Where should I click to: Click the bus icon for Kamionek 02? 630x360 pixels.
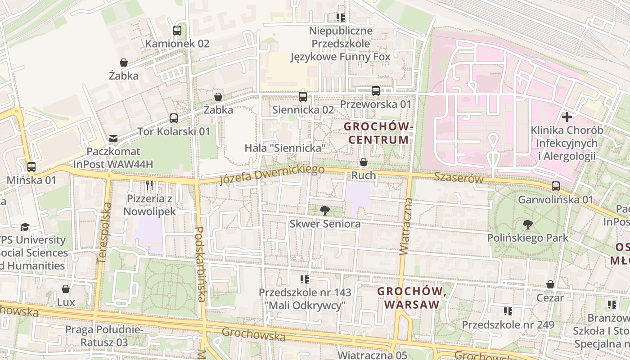[x=177, y=31]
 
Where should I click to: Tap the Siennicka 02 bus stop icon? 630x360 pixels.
[x=303, y=96]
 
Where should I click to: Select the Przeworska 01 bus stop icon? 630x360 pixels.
[x=376, y=91]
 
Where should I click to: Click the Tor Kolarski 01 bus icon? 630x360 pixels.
[x=174, y=118]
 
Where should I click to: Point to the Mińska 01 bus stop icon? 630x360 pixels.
[x=31, y=167]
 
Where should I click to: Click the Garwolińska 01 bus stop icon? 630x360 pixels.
[x=556, y=186]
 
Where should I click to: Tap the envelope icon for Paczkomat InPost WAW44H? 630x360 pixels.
[x=113, y=139]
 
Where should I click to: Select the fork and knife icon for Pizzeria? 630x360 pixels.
[x=149, y=185]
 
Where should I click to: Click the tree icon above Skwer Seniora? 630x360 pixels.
[x=324, y=210]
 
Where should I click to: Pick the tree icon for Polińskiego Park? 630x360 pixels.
[x=528, y=224]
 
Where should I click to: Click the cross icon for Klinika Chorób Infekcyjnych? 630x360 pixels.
[x=567, y=117]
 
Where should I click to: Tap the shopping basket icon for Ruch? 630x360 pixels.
[x=364, y=162]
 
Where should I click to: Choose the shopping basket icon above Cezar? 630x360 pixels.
[x=550, y=284]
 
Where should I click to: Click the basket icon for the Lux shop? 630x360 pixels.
[x=66, y=289]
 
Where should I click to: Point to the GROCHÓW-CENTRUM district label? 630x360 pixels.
[x=378, y=133]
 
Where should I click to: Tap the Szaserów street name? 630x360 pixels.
[x=459, y=178]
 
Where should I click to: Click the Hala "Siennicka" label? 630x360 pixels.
[x=285, y=148]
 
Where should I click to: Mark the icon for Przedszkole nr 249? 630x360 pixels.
[x=508, y=311]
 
